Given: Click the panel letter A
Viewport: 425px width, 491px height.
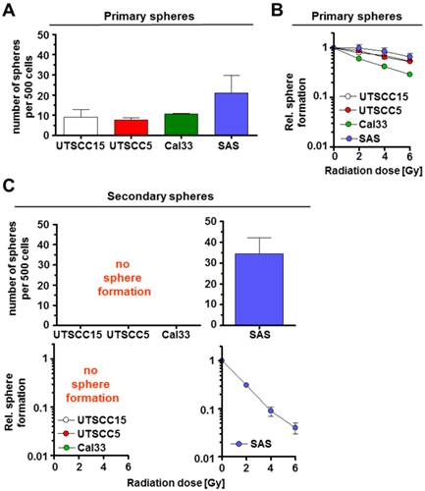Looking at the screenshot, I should pos(8,10).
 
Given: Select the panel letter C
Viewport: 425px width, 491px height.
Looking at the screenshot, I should pos(8,185).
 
